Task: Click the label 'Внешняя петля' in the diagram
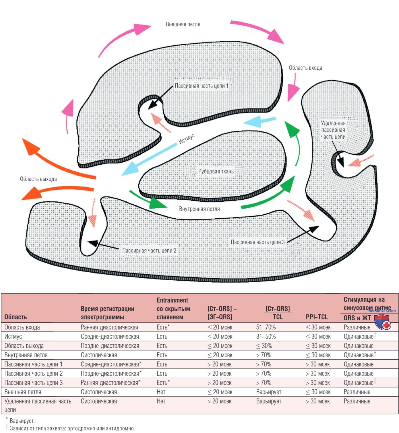[x=183, y=24]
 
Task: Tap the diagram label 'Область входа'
[x=305, y=68]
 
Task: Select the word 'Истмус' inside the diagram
[x=187, y=139]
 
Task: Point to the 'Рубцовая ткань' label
[x=216, y=171]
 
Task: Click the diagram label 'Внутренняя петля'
[x=199, y=209]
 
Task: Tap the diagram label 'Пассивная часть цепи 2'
[x=149, y=251]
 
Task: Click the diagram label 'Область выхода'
[x=38, y=179]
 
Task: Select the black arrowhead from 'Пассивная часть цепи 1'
[x=153, y=104]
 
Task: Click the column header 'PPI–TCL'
[x=317, y=317]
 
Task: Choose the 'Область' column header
[x=16, y=317]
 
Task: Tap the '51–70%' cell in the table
[x=266, y=327]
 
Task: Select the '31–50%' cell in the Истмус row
[x=266, y=337]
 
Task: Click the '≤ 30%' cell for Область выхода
[x=264, y=346]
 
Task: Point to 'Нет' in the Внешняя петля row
[x=161, y=392]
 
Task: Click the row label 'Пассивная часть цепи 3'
[x=34, y=383]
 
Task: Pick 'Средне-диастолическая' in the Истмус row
[x=110, y=337]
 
